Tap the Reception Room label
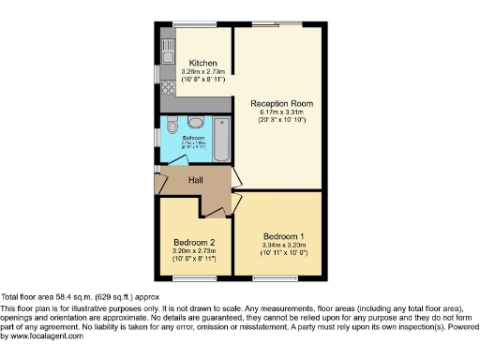click(280, 103)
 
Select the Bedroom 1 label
click(280, 235)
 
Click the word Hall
click(196, 180)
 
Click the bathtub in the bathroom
click(222, 138)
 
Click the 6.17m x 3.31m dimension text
click(280, 113)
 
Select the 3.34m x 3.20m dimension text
click(280, 246)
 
